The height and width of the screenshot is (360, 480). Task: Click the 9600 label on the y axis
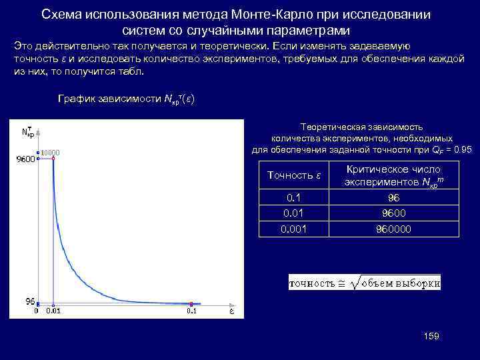coord(25,159)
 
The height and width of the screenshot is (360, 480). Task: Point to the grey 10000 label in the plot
coord(51,153)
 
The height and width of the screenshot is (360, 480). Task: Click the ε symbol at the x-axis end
coord(231,311)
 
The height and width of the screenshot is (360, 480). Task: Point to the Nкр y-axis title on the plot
coord(29,132)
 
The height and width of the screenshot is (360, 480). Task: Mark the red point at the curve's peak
coord(53,159)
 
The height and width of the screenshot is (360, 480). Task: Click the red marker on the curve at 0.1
coord(191,303)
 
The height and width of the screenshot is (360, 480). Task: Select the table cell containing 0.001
coord(293,229)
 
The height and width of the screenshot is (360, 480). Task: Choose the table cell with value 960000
coord(393,229)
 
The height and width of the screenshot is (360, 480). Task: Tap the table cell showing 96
coord(393,198)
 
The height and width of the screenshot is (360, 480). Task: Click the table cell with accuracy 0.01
coord(293,213)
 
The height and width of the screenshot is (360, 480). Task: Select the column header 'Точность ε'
coord(294,175)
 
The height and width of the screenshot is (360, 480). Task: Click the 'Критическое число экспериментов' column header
coord(393,175)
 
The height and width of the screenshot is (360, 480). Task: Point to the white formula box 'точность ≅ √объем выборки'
coord(365,283)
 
